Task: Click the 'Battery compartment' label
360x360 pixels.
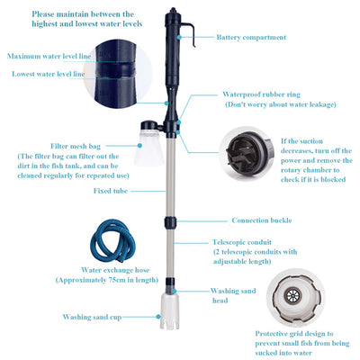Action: pos(251,38)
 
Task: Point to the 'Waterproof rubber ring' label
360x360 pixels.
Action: pos(260,94)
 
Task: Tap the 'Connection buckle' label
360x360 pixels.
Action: pos(263,220)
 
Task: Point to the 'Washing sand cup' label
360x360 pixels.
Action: pos(93,317)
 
